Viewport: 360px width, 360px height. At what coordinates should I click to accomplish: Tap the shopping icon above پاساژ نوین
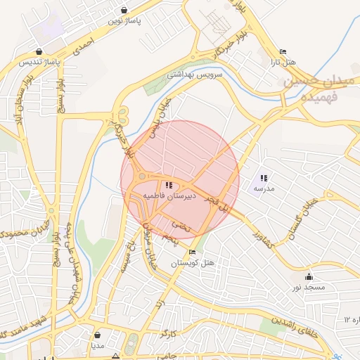124,11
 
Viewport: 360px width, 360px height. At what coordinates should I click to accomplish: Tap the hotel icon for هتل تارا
283,52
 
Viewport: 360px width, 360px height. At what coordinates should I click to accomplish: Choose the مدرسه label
263,188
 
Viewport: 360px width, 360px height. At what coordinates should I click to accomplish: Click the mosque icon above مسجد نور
309,277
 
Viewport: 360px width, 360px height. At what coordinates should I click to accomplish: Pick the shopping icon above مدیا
97,335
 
